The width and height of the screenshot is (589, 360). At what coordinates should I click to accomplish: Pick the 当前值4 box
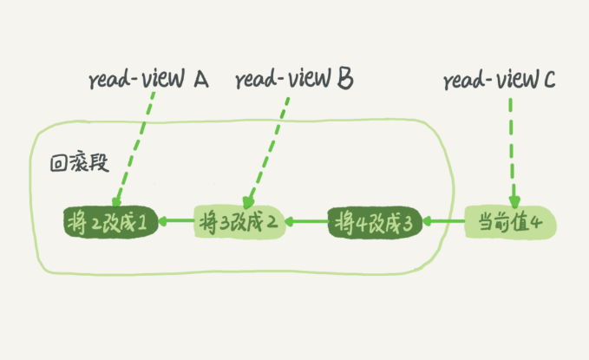pyautogui.click(x=509, y=222)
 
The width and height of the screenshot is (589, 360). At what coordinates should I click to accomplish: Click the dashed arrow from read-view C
pyautogui.click(x=512, y=147)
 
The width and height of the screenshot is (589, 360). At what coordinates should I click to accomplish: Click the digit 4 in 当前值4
pyautogui.click(x=537, y=223)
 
